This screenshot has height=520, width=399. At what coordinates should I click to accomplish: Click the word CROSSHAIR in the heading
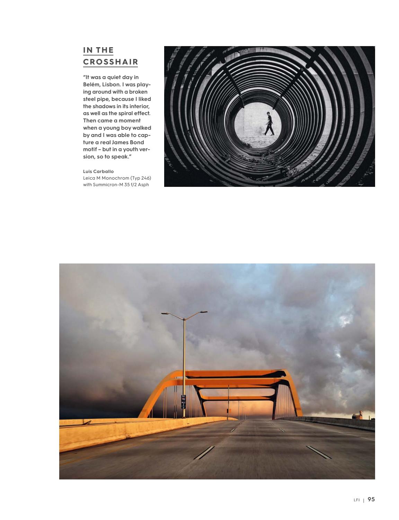click(110, 62)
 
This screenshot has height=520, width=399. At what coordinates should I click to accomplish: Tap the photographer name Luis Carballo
click(98, 171)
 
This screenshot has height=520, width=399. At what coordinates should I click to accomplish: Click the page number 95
click(371, 499)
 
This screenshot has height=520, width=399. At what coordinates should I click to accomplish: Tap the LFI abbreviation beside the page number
click(357, 500)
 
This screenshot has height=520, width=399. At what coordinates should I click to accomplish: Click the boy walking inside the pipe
click(269, 124)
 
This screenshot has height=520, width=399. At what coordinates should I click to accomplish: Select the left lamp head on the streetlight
click(166, 313)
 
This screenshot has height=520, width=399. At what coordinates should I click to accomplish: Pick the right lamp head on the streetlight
click(203, 312)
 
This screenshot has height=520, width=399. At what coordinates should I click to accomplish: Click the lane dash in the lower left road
click(204, 452)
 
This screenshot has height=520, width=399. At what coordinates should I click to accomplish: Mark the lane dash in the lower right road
click(319, 452)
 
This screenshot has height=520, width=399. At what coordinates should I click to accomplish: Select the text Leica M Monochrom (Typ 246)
click(117, 178)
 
